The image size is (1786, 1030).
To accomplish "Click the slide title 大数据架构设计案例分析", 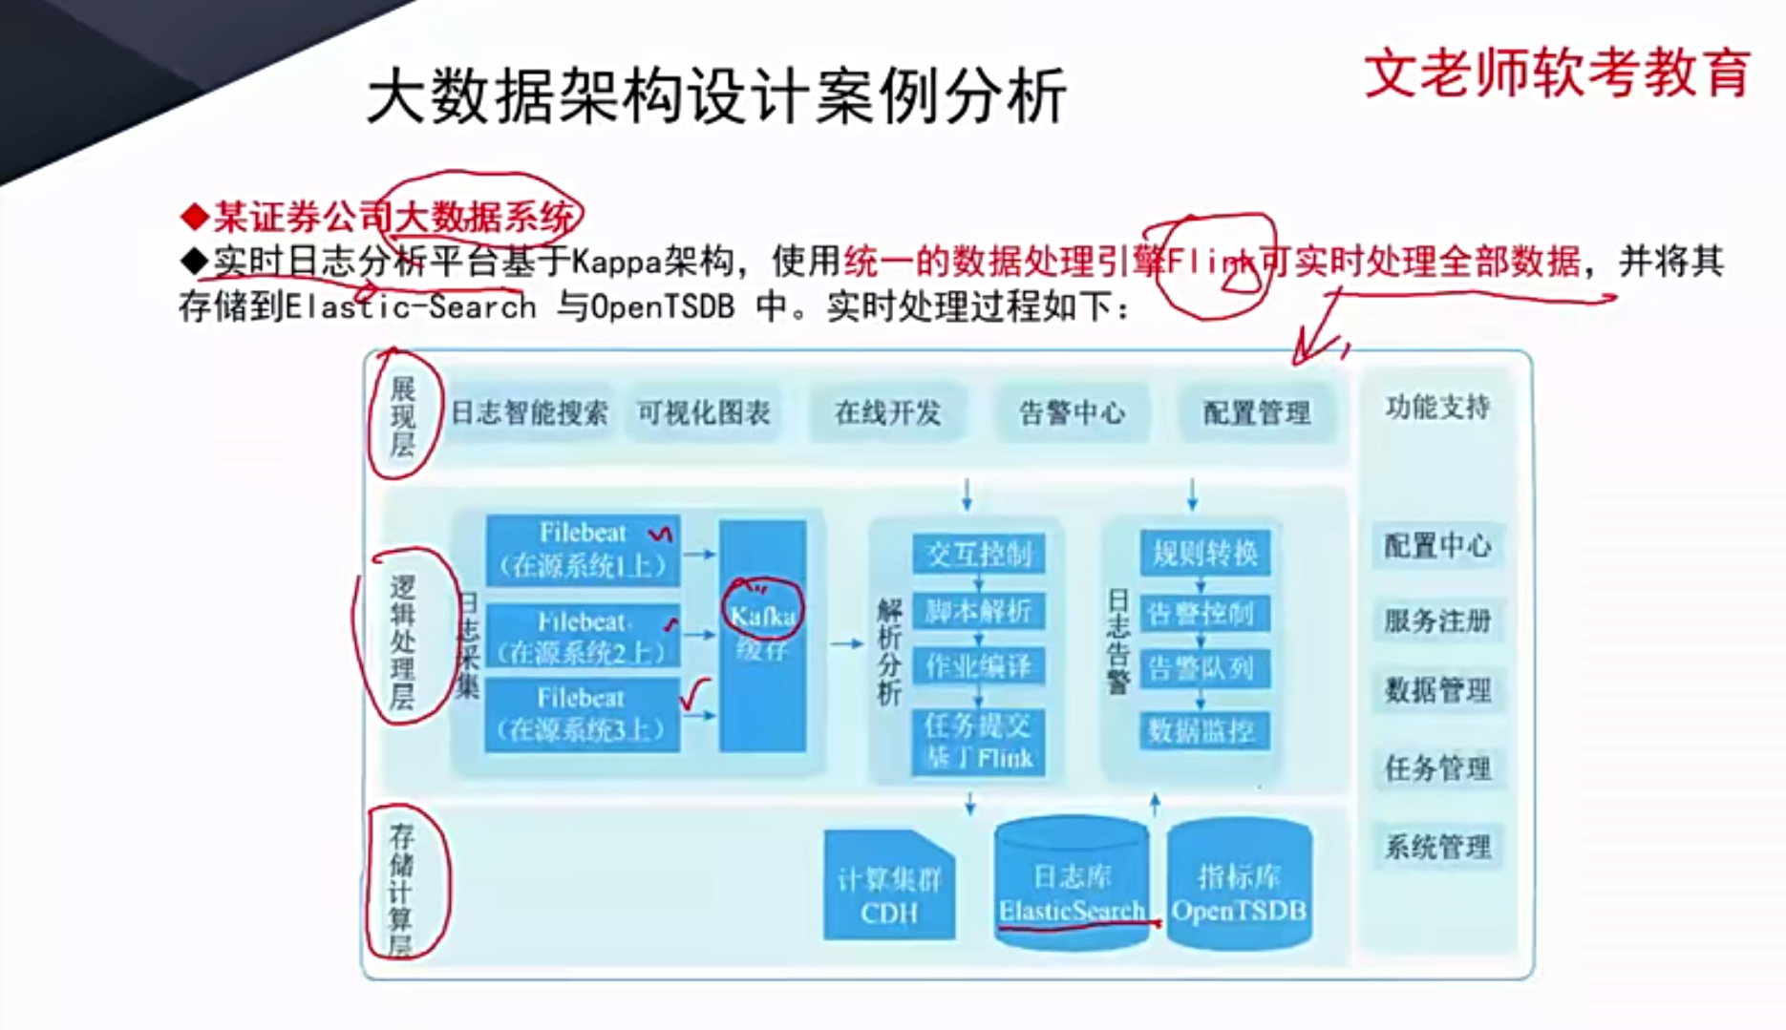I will [x=715, y=96].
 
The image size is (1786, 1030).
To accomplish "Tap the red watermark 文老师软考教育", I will [x=1557, y=74].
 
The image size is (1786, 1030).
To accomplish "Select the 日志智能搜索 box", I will [x=529, y=412].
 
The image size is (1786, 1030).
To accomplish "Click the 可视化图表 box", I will [x=704, y=412].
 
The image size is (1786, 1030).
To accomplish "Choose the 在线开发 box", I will [x=887, y=412].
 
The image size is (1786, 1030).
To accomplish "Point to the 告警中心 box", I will [x=1072, y=412].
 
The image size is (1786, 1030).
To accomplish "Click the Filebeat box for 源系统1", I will [x=583, y=550].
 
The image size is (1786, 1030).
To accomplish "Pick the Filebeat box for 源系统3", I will [x=582, y=715].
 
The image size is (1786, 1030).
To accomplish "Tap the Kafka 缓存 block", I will [x=762, y=634].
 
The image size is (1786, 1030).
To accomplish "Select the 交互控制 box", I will [x=978, y=554].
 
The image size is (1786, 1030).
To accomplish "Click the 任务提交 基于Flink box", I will [x=978, y=742].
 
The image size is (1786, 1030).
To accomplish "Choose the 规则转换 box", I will [x=1204, y=553].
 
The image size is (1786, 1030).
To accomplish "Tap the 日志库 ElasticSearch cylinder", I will [x=1072, y=888].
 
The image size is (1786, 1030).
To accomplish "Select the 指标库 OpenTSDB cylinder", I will [x=1239, y=888].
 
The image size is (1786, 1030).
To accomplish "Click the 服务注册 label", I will [x=1437, y=621].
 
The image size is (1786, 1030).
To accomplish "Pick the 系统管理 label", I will [x=1437, y=847].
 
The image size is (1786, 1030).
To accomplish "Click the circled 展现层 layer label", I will [x=403, y=415].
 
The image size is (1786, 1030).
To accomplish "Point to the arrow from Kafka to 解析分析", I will [x=846, y=644].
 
